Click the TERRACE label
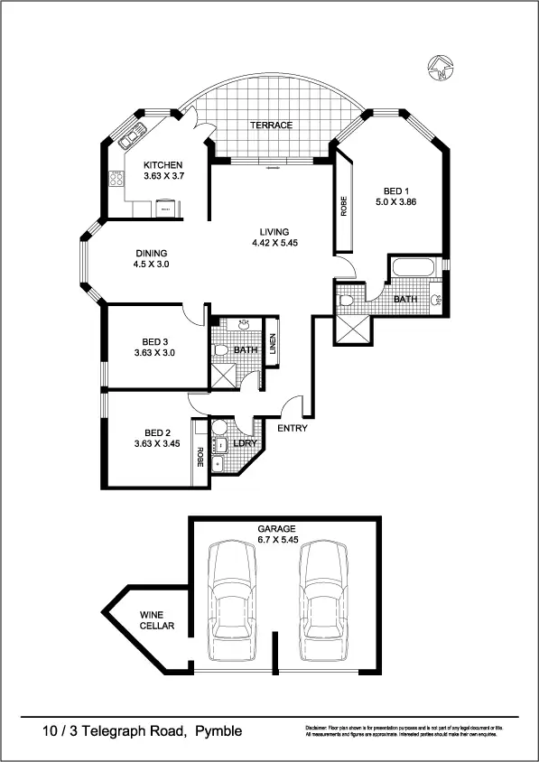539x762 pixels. point(270,125)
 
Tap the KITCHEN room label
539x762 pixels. point(163,165)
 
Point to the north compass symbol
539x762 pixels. point(438,65)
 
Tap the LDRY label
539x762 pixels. point(245,442)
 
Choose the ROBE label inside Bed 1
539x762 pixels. point(344,207)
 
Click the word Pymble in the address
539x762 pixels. point(217,730)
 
